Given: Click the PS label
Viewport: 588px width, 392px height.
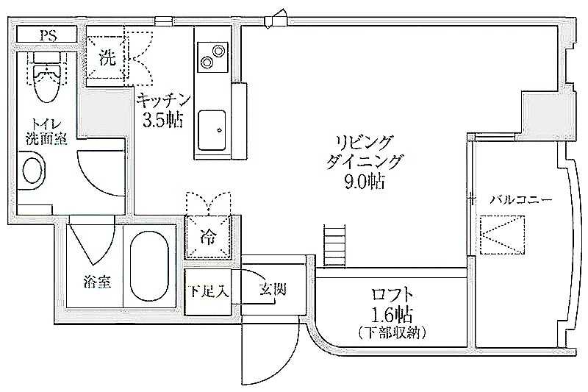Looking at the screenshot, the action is [x=49, y=35].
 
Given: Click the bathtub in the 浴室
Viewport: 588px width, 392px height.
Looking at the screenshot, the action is [x=149, y=266].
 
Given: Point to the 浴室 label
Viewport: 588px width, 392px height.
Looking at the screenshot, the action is [x=98, y=282].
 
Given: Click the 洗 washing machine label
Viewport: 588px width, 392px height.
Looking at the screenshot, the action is [x=107, y=58].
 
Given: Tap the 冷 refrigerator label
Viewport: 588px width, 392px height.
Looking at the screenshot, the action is [x=208, y=237].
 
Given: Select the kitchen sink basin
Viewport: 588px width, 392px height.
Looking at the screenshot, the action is [x=212, y=129].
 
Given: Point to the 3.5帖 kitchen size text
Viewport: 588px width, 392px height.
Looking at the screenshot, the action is [x=162, y=120].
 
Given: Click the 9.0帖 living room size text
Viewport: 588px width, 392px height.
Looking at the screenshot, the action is [x=364, y=182].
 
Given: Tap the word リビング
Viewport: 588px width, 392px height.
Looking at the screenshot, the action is [x=364, y=143].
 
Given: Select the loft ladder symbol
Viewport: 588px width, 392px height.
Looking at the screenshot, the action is [x=334, y=246].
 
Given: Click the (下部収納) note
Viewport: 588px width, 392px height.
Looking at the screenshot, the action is [x=392, y=332].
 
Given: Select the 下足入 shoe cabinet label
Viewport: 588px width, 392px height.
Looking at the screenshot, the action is [x=208, y=291].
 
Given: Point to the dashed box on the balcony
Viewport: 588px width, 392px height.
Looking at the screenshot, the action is [x=501, y=235].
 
